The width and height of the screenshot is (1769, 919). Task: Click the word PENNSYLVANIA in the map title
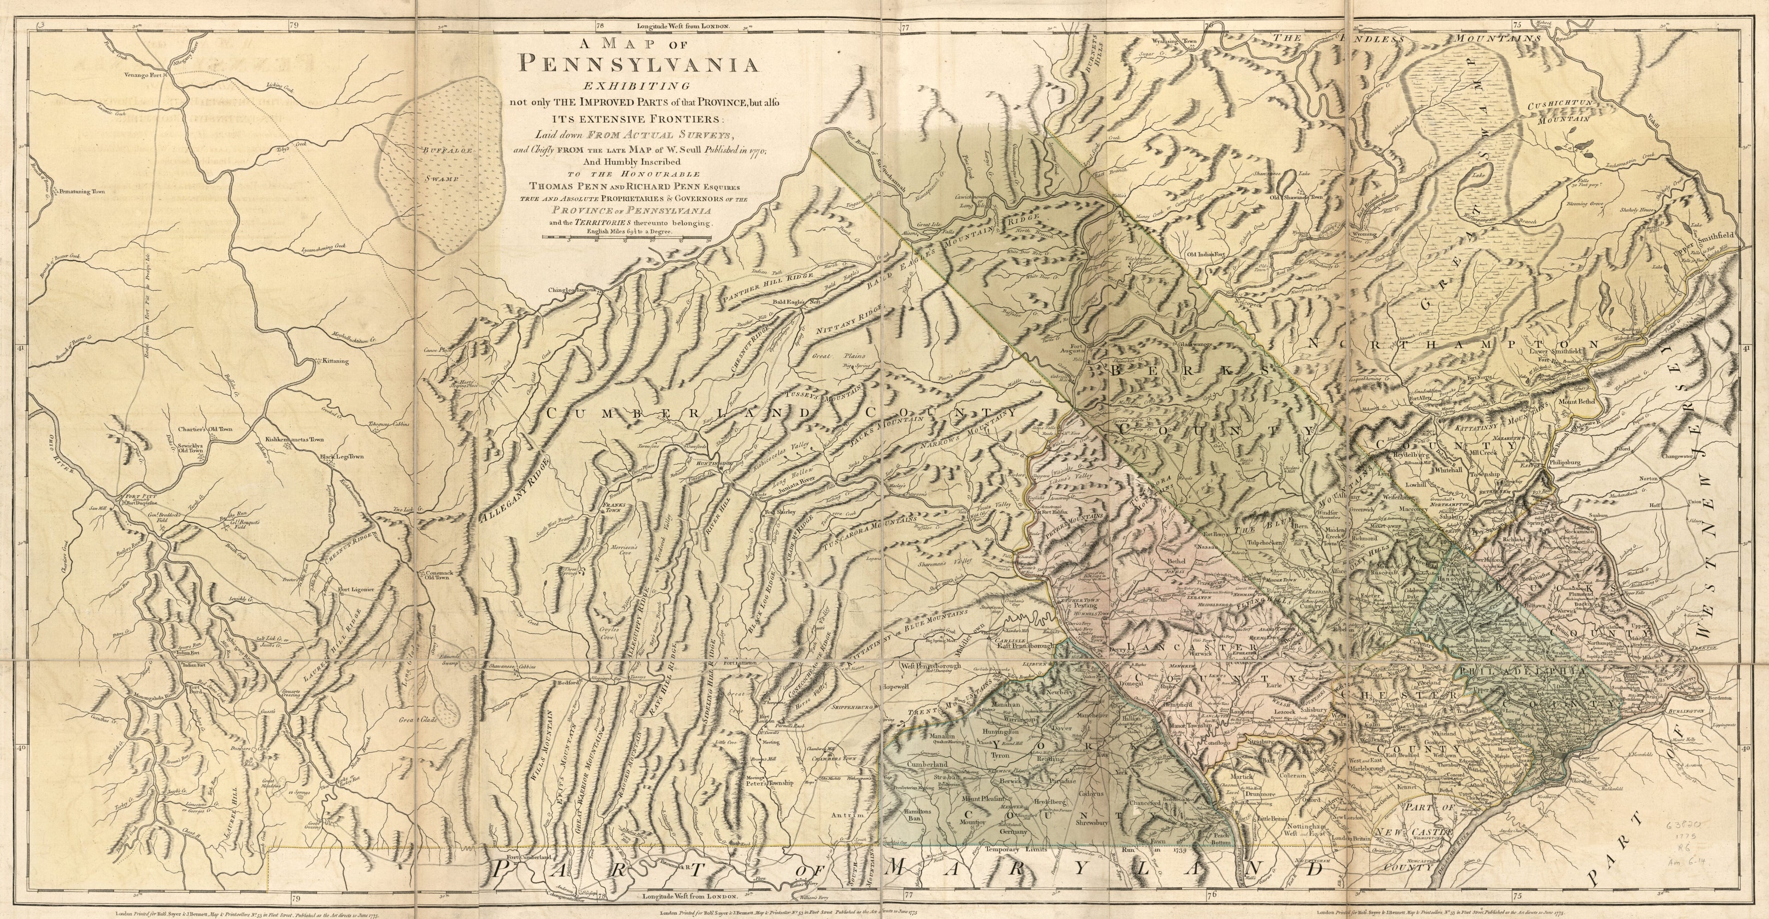coord(638,64)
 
